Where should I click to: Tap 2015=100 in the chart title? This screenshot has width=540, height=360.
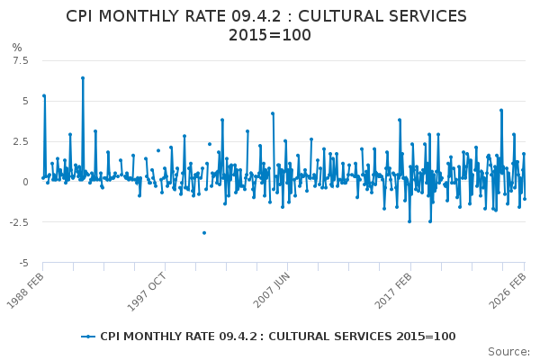270,35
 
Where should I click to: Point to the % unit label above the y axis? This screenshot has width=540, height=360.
16,48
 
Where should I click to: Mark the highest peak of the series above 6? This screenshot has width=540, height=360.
82,78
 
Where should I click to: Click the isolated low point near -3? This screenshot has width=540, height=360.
203,232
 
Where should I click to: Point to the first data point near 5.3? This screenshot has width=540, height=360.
44,95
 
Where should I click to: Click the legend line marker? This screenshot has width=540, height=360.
88,337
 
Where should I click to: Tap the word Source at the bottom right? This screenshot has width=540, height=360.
508,352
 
